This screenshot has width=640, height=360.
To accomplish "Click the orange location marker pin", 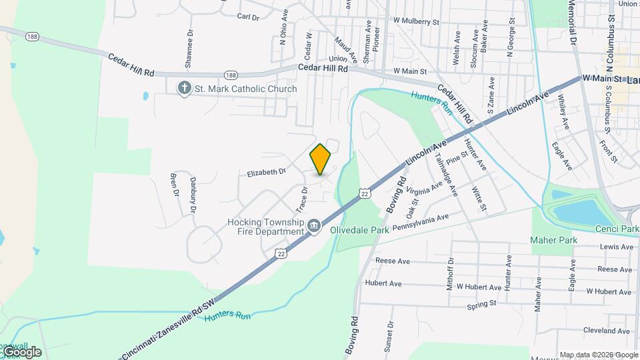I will pyautogui.click(x=321, y=159).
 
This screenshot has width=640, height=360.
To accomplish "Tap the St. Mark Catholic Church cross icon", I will pyautogui.click(x=184, y=89).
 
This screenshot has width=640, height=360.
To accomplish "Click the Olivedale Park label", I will pyautogui.click(x=359, y=229).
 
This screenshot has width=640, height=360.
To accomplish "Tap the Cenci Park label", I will pyautogui.click(x=619, y=229).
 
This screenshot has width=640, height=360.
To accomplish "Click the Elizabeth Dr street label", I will pyautogui.click(x=266, y=172).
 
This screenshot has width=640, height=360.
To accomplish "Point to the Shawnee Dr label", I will pyautogui.click(x=190, y=49).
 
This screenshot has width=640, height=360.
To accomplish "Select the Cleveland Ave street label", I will pyautogui.click(x=606, y=331).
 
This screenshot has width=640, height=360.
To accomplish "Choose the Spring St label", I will pyautogui.click(x=482, y=304).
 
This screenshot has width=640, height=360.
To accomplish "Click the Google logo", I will pyautogui.click(x=21, y=351).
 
